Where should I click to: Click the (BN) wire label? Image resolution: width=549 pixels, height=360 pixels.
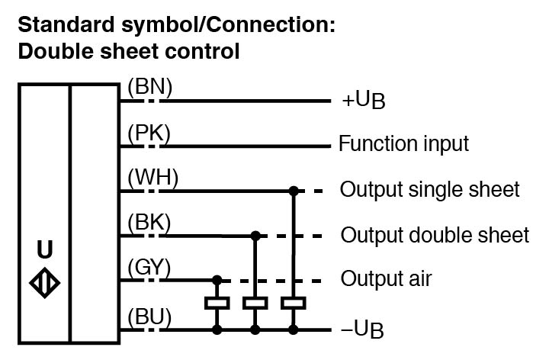tap(150, 88)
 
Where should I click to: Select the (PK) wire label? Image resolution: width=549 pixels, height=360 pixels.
tap(149, 133)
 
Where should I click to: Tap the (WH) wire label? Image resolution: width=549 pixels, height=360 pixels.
tap(152, 178)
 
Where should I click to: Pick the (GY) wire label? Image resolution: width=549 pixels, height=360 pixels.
tap(150, 268)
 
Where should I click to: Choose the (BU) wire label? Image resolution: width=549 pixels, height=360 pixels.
tap(150, 316)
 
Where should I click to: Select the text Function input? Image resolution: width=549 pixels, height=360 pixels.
tap(403, 144)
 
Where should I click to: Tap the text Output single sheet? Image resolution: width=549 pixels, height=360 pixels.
tap(430, 189)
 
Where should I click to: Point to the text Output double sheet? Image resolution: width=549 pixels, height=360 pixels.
tap(435, 234)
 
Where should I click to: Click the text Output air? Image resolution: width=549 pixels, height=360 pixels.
tap(386, 279)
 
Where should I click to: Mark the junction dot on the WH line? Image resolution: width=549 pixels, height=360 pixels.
tap(293, 189)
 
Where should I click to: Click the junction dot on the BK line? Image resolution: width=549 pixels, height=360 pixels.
tap(255, 234)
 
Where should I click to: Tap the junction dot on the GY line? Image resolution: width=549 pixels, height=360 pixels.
tap(218, 279)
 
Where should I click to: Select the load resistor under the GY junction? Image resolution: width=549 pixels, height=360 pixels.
tap(218, 304)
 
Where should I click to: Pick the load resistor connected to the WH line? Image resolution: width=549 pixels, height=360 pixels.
tap(293, 304)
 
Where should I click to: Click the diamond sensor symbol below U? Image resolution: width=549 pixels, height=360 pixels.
tap(45, 284)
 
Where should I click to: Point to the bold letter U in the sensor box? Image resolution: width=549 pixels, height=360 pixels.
tap(46, 250)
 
